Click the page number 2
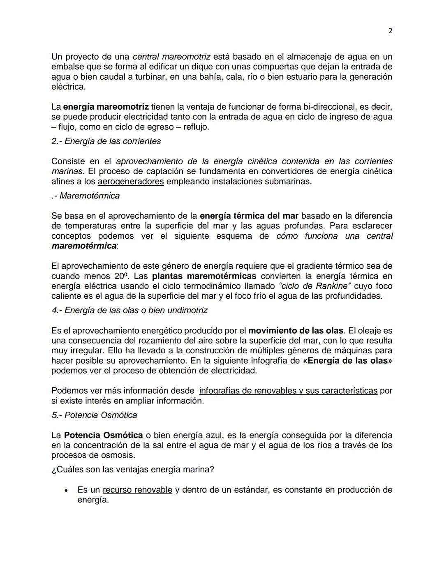[x=390, y=31]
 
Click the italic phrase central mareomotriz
[x=171, y=57]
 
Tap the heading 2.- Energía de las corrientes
[x=106, y=141]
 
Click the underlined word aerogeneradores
[x=131, y=182]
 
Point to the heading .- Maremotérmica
[x=86, y=196]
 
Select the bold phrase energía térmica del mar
[x=249, y=216]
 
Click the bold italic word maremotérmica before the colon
[x=83, y=246]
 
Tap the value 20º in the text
[x=122, y=276]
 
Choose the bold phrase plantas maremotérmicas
[x=204, y=276]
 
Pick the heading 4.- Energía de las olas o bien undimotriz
[x=129, y=311]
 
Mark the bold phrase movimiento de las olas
[x=296, y=331]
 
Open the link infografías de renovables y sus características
[x=288, y=391]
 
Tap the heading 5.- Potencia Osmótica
[x=94, y=415]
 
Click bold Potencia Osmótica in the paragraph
[x=103, y=436]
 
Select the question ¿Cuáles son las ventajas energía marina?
[x=133, y=470]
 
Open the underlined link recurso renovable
[x=137, y=490]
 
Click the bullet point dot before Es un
[x=66, y=491]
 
